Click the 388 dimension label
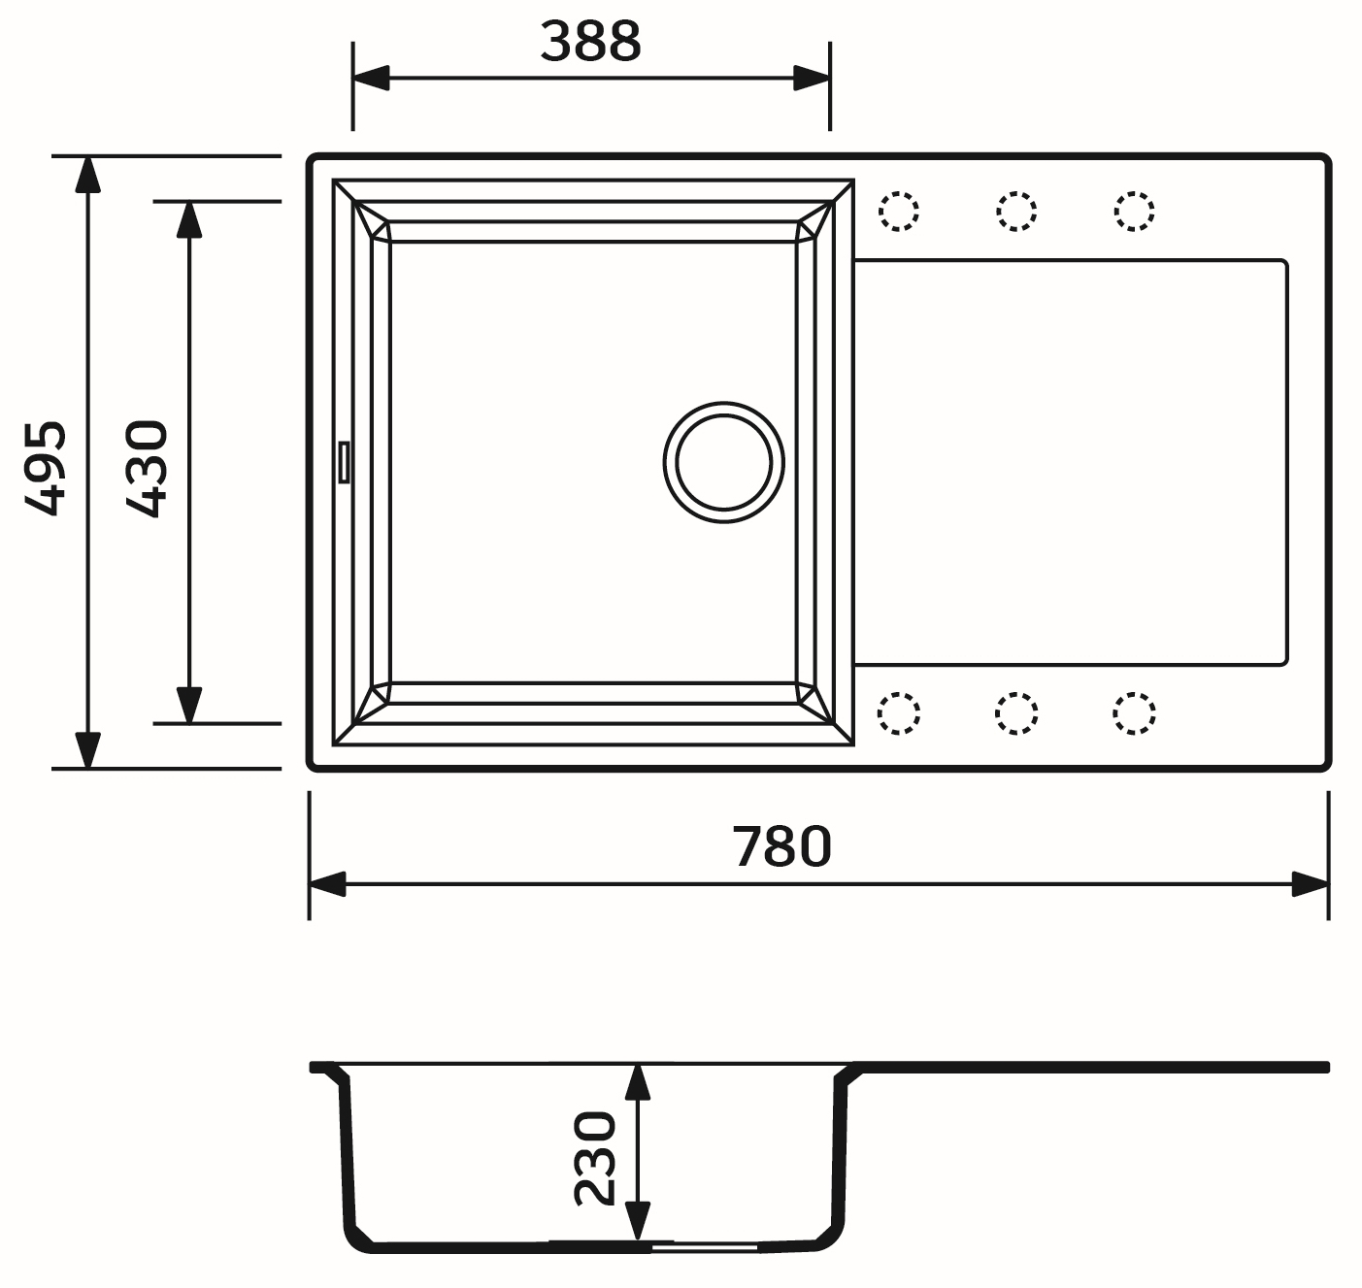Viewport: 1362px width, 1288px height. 590,42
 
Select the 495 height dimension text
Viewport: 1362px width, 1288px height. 46,467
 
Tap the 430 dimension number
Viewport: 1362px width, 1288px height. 149,467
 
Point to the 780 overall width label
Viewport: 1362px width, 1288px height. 782,845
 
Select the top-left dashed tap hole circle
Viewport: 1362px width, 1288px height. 899,211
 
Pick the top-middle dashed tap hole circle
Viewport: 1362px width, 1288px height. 1016,211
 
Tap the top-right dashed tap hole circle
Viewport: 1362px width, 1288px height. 1134,211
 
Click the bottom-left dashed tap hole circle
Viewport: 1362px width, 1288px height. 899,713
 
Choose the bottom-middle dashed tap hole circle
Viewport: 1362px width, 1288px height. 1016,713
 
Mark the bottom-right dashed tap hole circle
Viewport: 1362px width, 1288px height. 1134,713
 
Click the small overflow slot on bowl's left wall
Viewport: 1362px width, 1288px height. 342,461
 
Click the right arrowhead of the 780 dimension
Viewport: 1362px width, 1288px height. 1311,884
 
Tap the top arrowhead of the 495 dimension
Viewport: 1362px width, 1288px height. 87,173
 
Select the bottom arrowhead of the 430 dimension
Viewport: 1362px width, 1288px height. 189,705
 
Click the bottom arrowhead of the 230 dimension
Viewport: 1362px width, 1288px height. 637,1220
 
